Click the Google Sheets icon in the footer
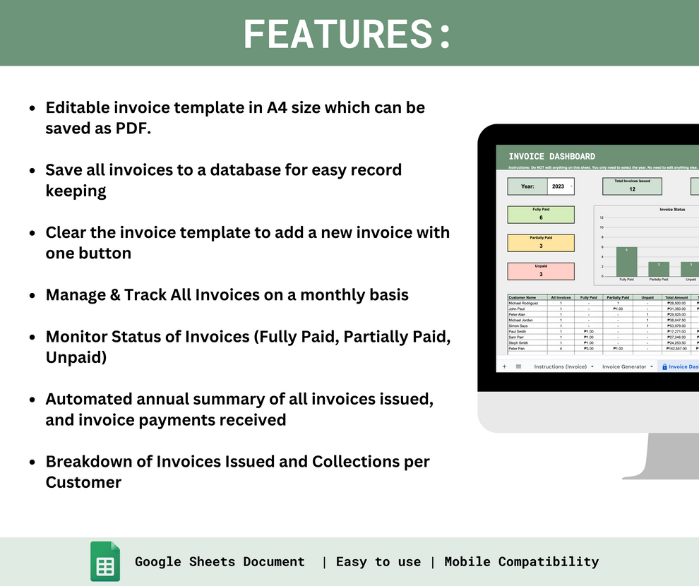pos(105,561)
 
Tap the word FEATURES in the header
pos(335,33)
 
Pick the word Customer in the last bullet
pos(83,482)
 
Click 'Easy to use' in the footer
pos(378,562)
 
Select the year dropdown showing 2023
pos(562,186)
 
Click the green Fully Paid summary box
pos(541,215)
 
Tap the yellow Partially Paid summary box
pos(541,243)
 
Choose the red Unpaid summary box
pos(541,271)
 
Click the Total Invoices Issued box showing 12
pos(632,186)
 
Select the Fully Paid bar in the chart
pos(626,261)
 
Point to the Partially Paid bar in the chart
pos(659,268)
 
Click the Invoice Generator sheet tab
pos(624,366)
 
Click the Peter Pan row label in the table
pos(518,348)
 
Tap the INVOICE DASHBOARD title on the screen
pos(551,156)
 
